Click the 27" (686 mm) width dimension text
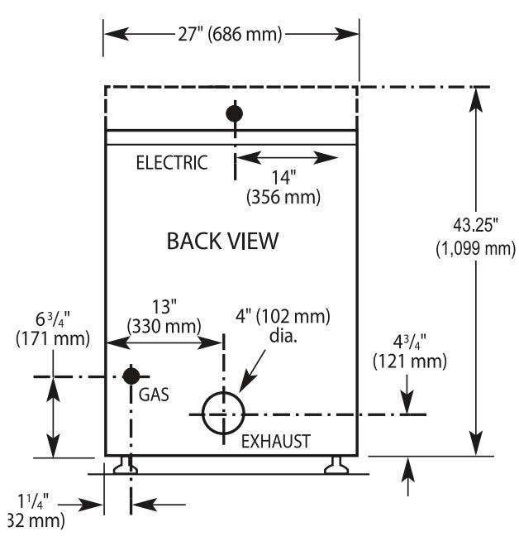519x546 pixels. pyautogui.click(x=230, y=34)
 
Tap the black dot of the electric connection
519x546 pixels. pyautogui.click(x=234, y=113)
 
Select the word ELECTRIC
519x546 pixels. pyautogui.click(x=172, y=163)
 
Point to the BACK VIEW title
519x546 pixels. pyautogui.click(x=222, y=241)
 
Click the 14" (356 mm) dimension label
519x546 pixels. pyautogui.click(x=283, y=187)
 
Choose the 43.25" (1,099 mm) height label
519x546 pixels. pyautogui.click(x=475, y=237)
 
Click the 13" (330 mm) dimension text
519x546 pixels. pyautogui.click(x=164, y=317)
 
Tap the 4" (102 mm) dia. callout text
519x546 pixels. pyautogui.click(x=283, y=325)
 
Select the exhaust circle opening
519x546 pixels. pyautogui.click(x=223, y=393)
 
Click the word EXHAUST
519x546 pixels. pyautogui.click(x=276, y=441)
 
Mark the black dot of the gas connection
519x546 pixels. pyautogui.click(x=131, y=376)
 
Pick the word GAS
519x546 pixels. pyautogui.click(x=154, y=395)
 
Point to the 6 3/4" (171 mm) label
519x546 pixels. pyautogui.click(x=53, y=329)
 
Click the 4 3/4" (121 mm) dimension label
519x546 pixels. pyautogui.click(x=410, y=352)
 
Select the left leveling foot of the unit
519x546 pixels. pyautogui.click(x=126, y=465)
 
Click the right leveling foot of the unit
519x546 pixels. pyautogui.click(x=336, y=465)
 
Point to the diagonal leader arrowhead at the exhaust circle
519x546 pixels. pyautogui.click(x=247, y=381)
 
